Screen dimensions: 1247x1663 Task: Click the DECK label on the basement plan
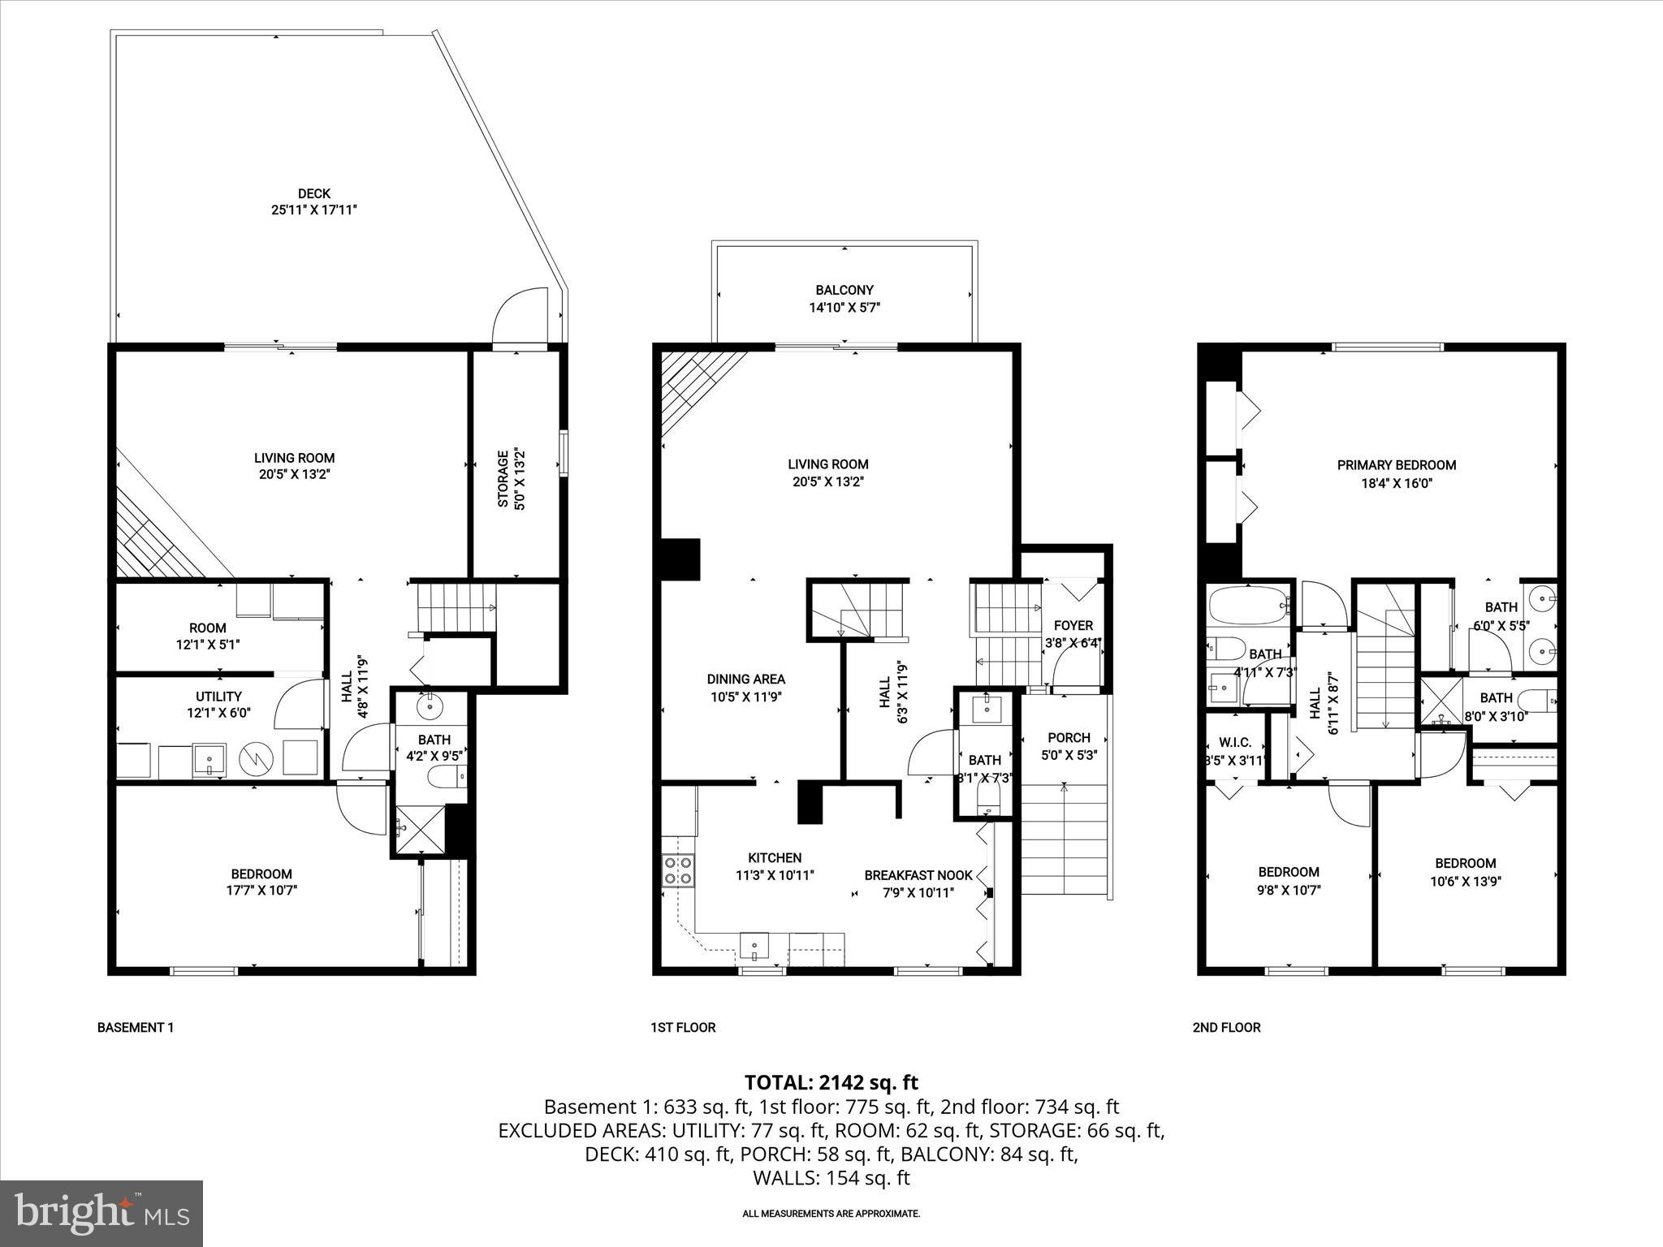pyautogui.click(x=313, y=193)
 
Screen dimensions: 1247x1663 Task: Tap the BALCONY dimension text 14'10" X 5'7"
pyautogui.click(x=844, y=308)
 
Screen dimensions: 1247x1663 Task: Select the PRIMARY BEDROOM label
pyautogui.click(x=1397, y=465)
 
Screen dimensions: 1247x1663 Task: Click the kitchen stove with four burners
pyautogui.click(x=678, y=871)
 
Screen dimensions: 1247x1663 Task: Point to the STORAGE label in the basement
pyautogui.click(x=503, y=479)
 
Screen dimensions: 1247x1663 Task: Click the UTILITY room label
pyautogui.click(x=218, y=697)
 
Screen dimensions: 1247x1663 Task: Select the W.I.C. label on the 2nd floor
pyautogui.click(x=1234, y=743)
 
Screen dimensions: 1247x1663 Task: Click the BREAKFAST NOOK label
pyautogui.click(x=918, y=875)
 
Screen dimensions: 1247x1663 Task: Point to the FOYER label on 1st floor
pyautogui.click(x=1073, y=626)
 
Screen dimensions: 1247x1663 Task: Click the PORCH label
pyautogui.click(x=1069, y=738)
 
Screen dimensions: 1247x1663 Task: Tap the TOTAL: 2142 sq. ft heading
pyautogui.click(x=831, y=1082)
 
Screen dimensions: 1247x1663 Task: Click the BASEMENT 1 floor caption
pyautogui.click(x=136, y=1027)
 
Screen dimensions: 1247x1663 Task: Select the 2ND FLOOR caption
pyautogui.click(x=1226, y=1027)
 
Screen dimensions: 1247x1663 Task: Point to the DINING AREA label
pyautogui.click(x=745, y=680)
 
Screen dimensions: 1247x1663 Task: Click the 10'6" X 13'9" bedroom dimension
pyautogui.click(x=1465, y=881)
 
